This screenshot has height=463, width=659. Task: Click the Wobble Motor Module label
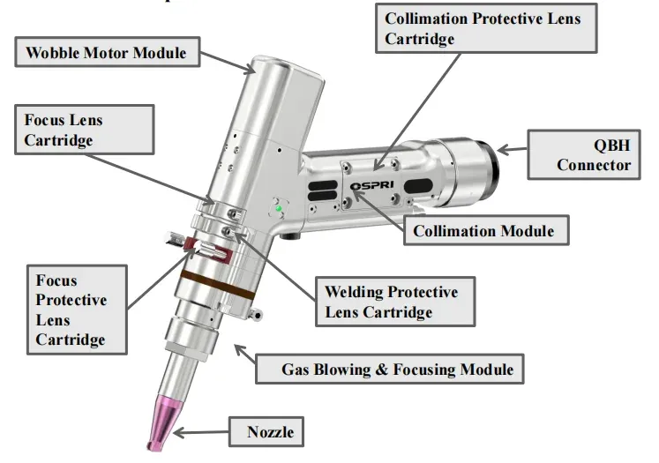(x=106, y=53)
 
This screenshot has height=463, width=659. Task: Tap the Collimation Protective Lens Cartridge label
(x=483, y=27)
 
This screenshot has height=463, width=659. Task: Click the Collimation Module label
(x=485, y=230)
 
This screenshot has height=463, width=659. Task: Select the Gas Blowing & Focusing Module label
(x=389, y=369)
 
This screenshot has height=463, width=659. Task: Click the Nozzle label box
(x=270, y=432)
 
